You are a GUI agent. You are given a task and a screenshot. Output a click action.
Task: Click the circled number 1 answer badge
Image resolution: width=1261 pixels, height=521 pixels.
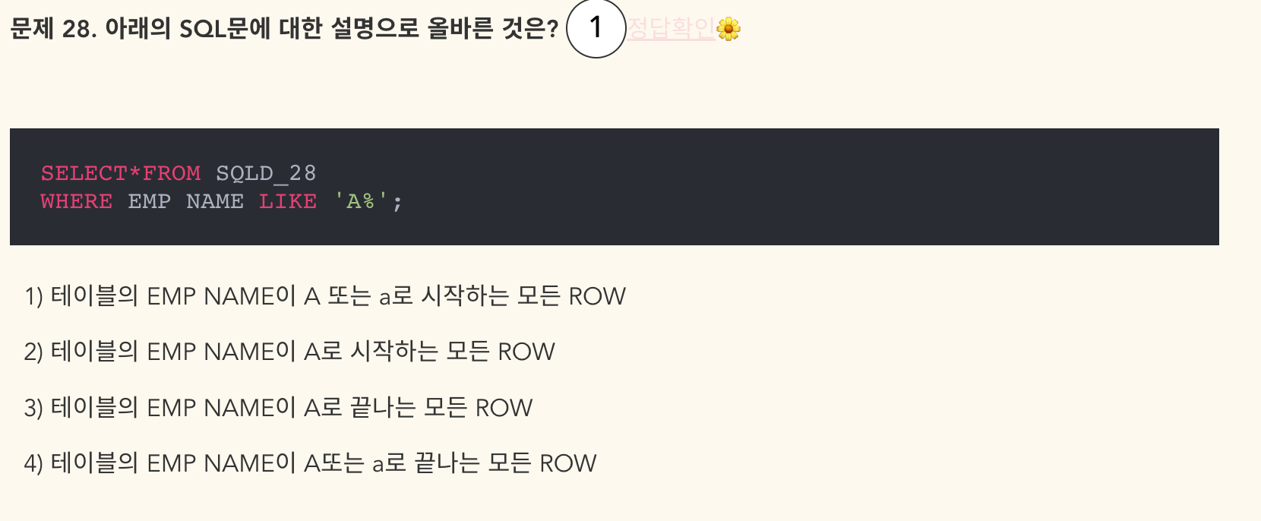pos(596,29)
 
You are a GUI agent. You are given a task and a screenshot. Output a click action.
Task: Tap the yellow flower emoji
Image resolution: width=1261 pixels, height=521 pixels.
pos(728,29)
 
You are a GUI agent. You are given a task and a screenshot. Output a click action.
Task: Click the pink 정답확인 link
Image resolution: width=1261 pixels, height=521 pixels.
pos(671,29)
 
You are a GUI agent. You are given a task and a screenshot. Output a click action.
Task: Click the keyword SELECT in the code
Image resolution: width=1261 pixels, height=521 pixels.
pos(84,174)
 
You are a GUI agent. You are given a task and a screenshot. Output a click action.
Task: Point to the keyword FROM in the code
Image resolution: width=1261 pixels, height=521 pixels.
pos(172,174)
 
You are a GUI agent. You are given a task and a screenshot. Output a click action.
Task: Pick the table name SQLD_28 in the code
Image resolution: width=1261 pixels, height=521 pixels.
pos(266,174)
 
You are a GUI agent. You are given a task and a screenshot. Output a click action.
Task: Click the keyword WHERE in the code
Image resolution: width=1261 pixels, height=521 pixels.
pos(77,202)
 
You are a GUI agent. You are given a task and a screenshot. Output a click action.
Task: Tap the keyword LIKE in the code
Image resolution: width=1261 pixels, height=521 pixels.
pos(288,202)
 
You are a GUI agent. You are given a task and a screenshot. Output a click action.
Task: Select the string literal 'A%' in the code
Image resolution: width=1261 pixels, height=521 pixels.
pos(362,202)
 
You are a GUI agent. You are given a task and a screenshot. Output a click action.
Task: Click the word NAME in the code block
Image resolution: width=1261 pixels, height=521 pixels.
pos(215,202)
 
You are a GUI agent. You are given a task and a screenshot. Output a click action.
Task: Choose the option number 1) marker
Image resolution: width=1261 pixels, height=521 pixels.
pos(33,296)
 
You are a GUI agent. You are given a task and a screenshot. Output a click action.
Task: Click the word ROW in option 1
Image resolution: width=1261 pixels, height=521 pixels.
pos(597,296)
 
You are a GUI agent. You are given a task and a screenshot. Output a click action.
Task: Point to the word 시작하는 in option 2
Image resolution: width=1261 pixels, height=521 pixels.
pos(394,352)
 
